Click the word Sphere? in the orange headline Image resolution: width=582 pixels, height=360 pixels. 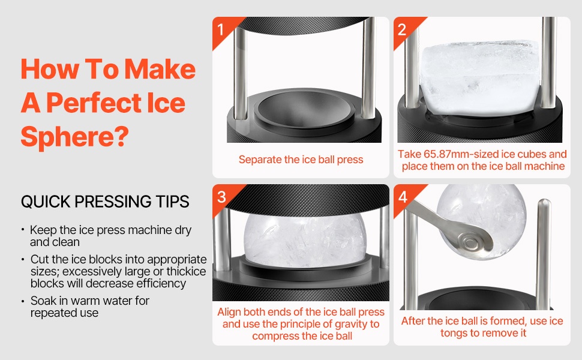pos(74,137)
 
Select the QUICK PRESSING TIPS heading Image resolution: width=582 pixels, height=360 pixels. pos(105,202)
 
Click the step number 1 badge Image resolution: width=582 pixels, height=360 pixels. pos(220,29)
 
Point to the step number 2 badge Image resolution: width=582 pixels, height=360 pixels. pos(402,29)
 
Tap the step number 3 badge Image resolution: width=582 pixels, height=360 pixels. pos(221,197)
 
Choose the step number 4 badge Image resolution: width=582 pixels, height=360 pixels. pos(403,197)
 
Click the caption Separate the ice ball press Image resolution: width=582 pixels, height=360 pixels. pos(301,160)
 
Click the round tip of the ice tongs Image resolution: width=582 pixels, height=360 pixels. pos(472,243)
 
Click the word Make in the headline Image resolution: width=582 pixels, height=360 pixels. pos(160,70)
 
